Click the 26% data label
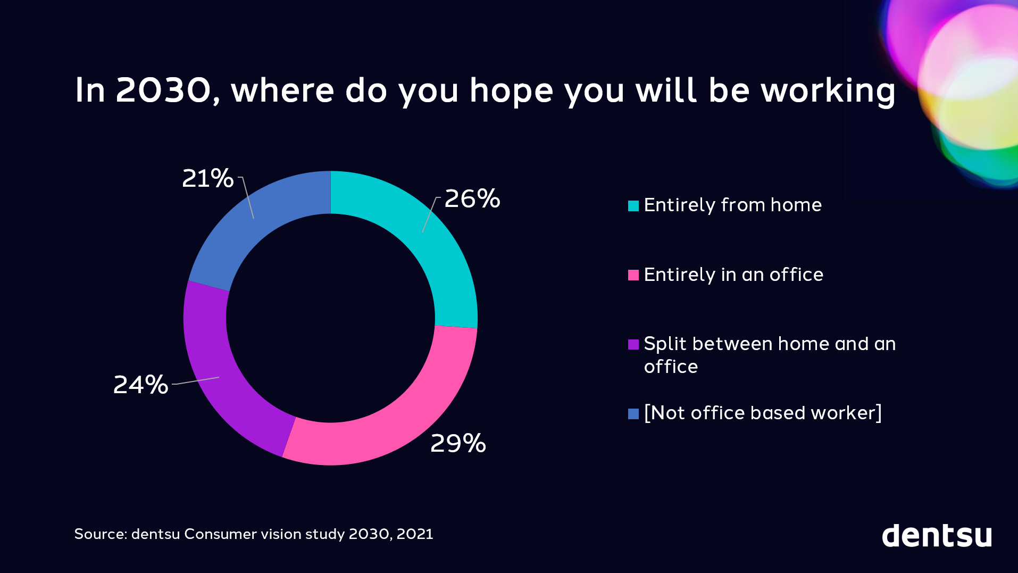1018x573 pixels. click(x=472, y=199)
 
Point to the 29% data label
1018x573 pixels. click(x=458, y=443)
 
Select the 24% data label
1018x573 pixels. click(x=140, y=385)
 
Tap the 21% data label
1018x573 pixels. click(x=207, y=178)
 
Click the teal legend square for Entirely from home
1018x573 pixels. click(x=633, y=206)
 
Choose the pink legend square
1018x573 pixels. click(x=633, y=275)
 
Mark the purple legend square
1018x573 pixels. click(x=633, y=344)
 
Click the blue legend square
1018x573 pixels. click(x=633, y=414)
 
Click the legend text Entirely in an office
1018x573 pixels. click(x=733, y=275)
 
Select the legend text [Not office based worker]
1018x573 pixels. click(x=763, y=413)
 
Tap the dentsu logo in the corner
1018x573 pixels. click(x=937, y=535)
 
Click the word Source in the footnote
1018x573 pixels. click(x=101, y=534)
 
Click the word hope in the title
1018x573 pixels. click(x=511, y=91)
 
